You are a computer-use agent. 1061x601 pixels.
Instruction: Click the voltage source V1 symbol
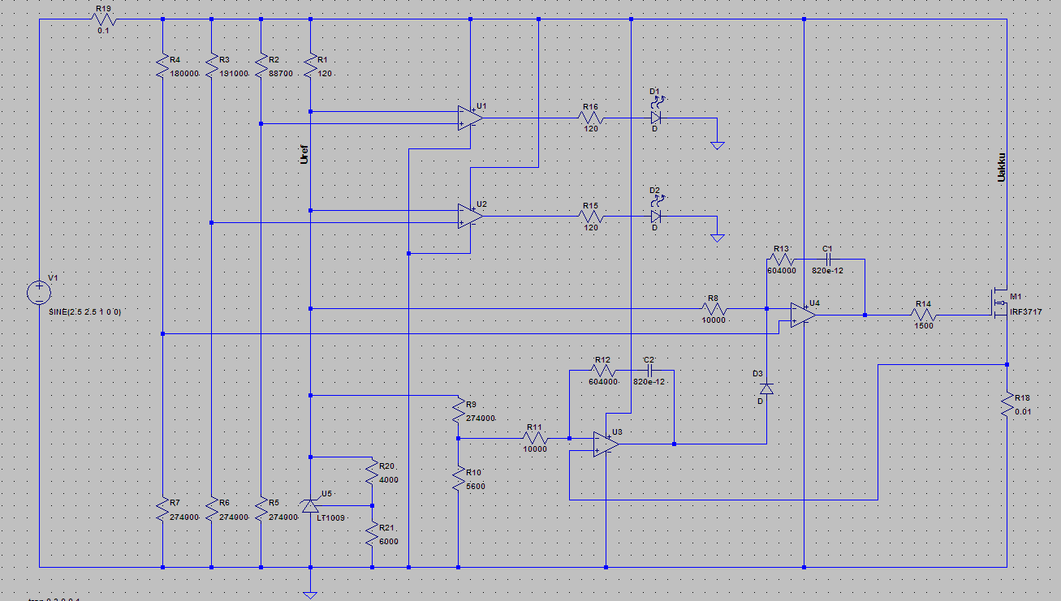tap(39, 292)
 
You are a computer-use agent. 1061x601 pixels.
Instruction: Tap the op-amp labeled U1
tap(469, 118)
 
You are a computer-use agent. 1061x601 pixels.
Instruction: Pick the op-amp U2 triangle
tap(469, 216)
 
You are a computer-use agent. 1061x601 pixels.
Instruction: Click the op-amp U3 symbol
tap(606, 444)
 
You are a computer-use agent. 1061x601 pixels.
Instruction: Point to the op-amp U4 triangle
tap(803, 316)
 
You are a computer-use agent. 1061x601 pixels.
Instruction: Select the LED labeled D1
tap(656, 117)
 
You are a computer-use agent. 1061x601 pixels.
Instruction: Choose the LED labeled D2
tap(656, 217)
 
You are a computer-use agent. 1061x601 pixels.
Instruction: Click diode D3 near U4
tap(766, 389)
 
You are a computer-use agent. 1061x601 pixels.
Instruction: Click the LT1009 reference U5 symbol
tap(310, 506)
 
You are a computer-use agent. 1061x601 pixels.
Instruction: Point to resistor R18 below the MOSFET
tap(1007, 403)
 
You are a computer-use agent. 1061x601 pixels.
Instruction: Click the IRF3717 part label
tap(1025, 311)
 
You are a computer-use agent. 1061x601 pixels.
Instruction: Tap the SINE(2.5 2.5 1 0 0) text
tap(84, 311)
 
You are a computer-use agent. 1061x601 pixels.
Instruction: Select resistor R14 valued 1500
tap(924, 316)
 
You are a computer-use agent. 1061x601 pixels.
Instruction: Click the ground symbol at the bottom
tap(310, 595)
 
